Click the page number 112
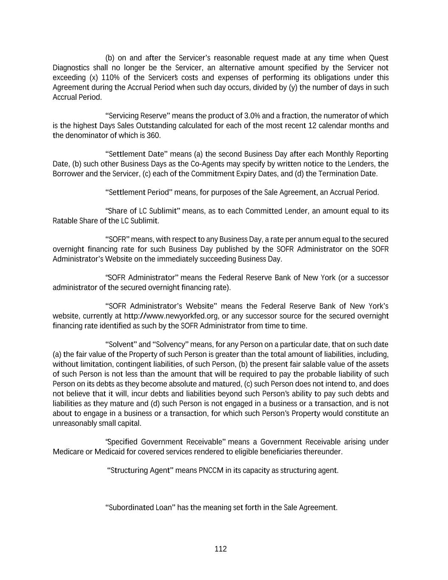coord(221,549)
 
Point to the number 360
coord(153,136)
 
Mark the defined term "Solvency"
coord(169,345)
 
